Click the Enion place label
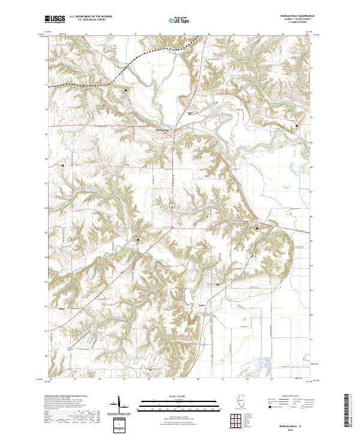pyautogui.click(x=202, y=305)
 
